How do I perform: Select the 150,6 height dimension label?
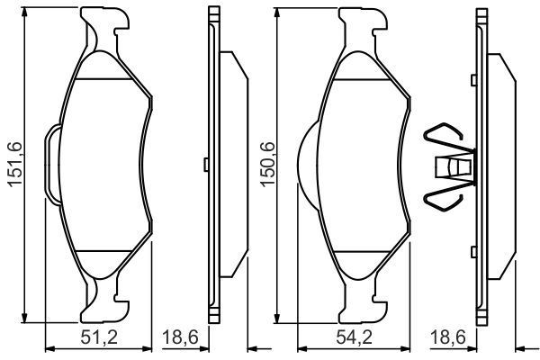click(x=267, y=164)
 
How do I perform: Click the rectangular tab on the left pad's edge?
click(x=52, y=164)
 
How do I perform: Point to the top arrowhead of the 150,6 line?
click(x=283, y=13)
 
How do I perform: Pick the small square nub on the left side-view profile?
click(x=206, y=164)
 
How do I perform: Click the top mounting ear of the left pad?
click(x=100, y=27)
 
